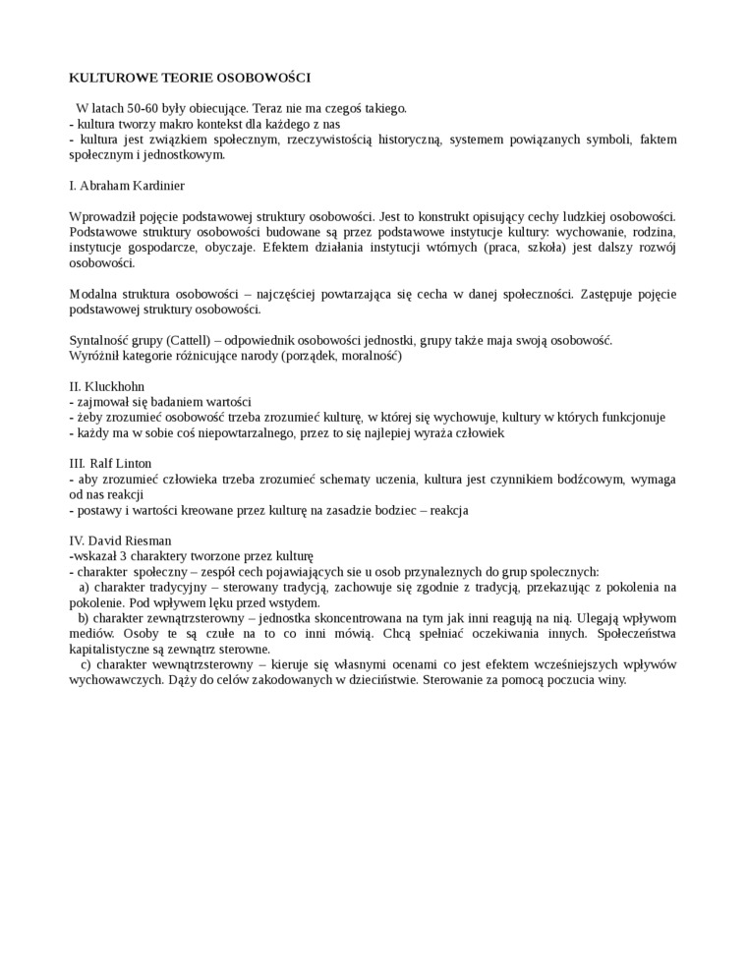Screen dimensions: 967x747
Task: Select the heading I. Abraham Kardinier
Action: [x=127, y=185]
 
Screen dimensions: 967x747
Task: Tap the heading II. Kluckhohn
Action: [x=107, y=385]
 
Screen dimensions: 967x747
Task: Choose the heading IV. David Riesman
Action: [x=120, y=540]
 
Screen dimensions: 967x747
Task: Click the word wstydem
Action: [x=293, y=601]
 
